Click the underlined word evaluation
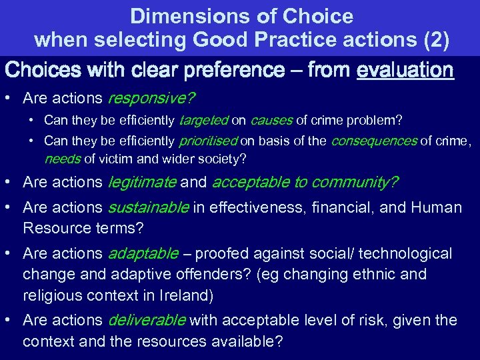(x=405, y=70)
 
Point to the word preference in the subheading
(x=237, y=70)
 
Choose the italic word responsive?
(x=151, y=99)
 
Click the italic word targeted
(x=203, y=121)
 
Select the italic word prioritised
(x=208, y=141)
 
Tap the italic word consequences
(x=373, y=141)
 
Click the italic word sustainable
(x=148, y=207)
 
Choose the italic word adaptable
(x=143, y=254)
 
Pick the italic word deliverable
(x=147, y=321)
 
